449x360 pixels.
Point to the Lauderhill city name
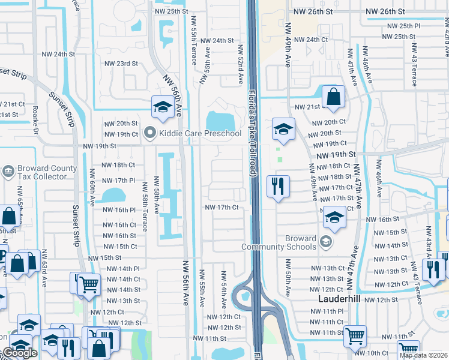point(340,298)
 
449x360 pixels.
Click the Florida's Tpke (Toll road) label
point(253,133)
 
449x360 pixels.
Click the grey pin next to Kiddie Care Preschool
point(150,133)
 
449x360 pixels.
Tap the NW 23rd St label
point(121,63)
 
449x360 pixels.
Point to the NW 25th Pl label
point(404,26)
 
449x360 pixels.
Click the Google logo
point(20,353)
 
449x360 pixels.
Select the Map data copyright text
point(424,355)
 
